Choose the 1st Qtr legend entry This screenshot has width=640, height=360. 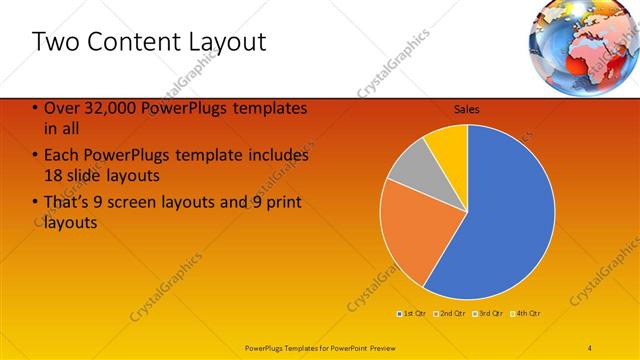tap(411, 313)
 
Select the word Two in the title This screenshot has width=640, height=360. tap(55, 42)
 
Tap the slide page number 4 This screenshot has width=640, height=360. tap(590, 346)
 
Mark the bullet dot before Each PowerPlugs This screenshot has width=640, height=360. tap(36, 156)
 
